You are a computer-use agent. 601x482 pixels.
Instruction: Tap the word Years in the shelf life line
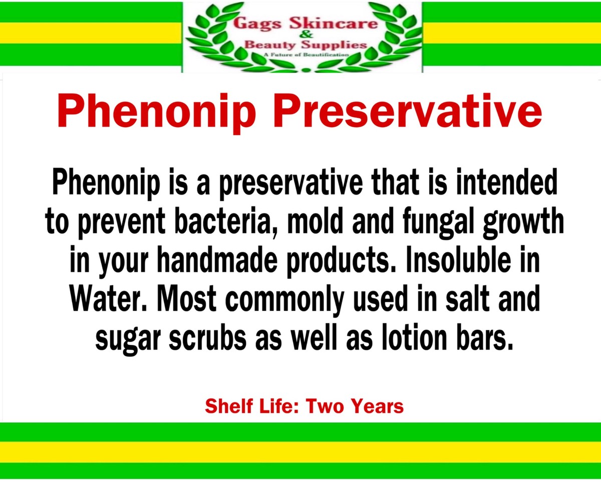click(x=378, y=406)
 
